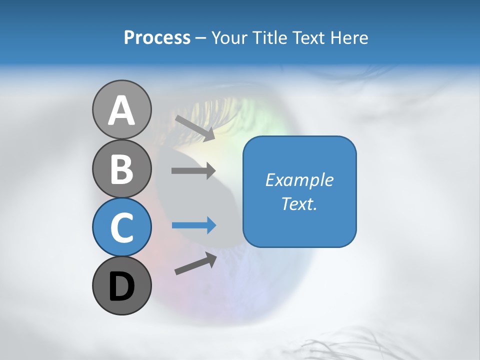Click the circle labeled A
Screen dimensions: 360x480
121,109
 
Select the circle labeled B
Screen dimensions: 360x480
121,168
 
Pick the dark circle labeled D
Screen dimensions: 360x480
121,285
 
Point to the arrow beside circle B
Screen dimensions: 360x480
193,170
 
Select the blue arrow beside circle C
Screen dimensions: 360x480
193,225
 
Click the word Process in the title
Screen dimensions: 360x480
157,38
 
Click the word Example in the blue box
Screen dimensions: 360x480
299,180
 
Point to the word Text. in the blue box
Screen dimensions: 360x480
299,203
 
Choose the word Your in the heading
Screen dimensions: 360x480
229,38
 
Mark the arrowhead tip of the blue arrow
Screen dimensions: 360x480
215,225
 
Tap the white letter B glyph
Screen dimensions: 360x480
121,169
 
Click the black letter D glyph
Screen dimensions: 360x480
121,286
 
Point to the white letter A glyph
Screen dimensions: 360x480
121,110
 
